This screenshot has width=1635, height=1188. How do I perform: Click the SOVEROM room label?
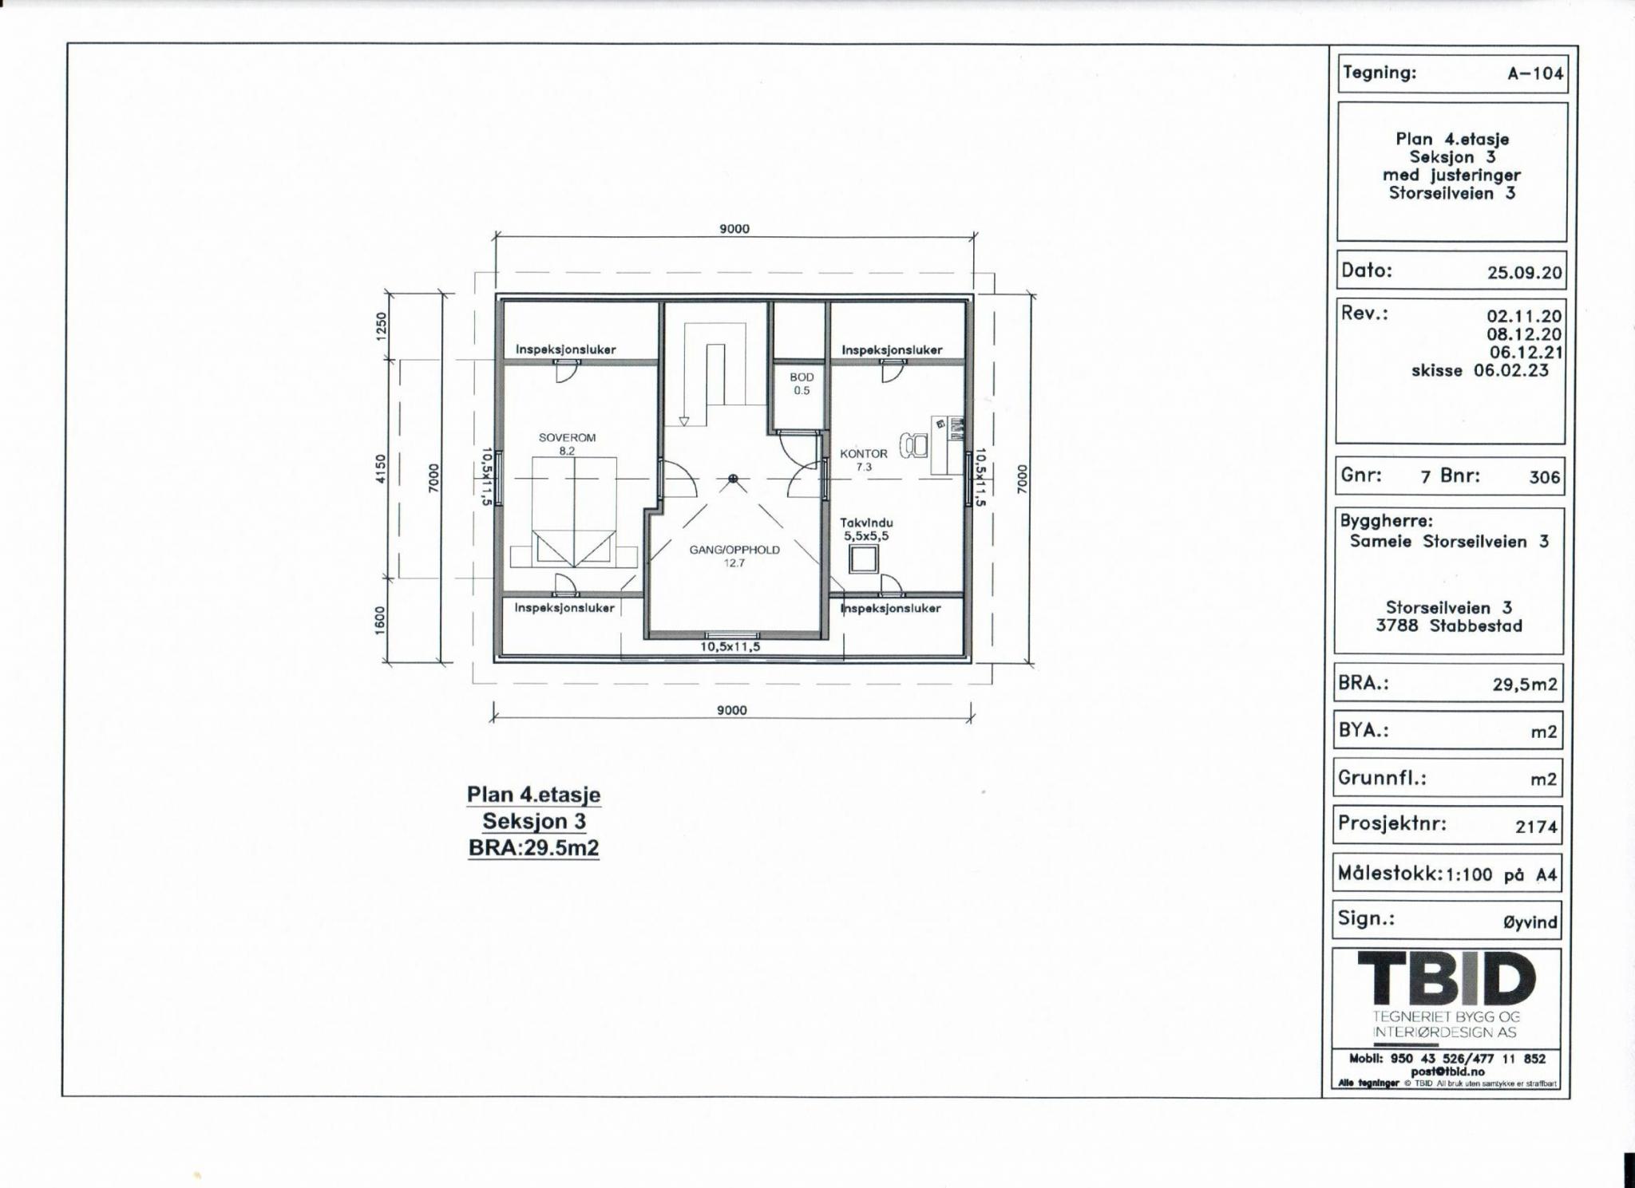(567, 437)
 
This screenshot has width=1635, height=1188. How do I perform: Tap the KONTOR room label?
(863, 453)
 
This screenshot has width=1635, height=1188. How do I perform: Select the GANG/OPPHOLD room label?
(734, 550)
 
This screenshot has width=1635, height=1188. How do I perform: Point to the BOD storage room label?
(802, 377)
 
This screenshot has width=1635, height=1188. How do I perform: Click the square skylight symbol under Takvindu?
(862, 560)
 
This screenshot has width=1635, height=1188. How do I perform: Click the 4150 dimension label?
(382, 468)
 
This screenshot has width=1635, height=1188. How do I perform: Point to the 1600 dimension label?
(380, 621)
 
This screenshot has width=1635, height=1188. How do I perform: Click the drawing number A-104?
(1535, 74)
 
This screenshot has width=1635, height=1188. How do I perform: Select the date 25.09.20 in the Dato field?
(1524, 272)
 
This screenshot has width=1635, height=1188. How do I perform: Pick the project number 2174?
(1536, 827)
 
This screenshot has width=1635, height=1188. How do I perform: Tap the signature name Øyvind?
(1530, 922)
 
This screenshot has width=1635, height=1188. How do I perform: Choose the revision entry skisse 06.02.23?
(1479, 370)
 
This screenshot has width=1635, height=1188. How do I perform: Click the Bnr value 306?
(1544, 477)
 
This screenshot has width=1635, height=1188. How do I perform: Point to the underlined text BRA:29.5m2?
(533, 847)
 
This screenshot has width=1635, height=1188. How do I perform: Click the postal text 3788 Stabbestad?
(1448, 626)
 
